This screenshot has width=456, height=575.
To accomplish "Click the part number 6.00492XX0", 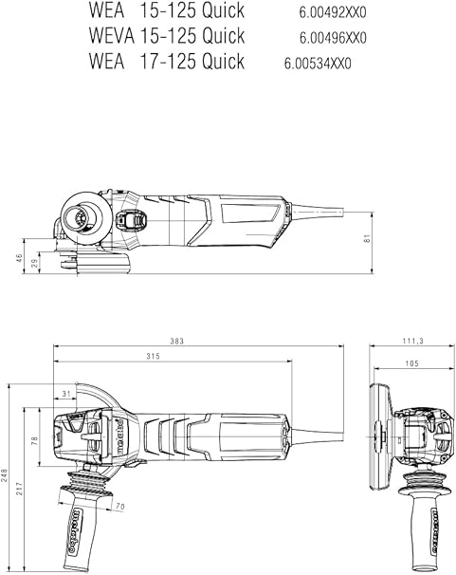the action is pyautogui.click(x=333, y=13).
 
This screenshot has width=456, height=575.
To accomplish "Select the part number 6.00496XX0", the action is pyautogui.click(x=333, y=38).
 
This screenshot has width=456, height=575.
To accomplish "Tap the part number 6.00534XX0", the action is pyautogui.click(x=318, y=64).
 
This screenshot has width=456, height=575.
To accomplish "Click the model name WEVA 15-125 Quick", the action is pyautogui.click(x=166, y=35).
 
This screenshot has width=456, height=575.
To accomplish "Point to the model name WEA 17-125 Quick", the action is pyautogui.click(x=166, y=61).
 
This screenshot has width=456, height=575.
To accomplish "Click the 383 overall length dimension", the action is pyautogui.click(x=176, y=341).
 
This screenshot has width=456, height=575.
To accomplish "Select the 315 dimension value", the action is pyautogui.click(x=153, y=356).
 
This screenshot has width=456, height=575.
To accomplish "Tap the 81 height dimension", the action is pyautogui.click(x=368, y=238).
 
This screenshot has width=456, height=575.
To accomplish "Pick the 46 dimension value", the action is pyautogui.click(x=19, y=258).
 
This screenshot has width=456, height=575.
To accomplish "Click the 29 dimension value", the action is pyautogui.click(x=35, y=263).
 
